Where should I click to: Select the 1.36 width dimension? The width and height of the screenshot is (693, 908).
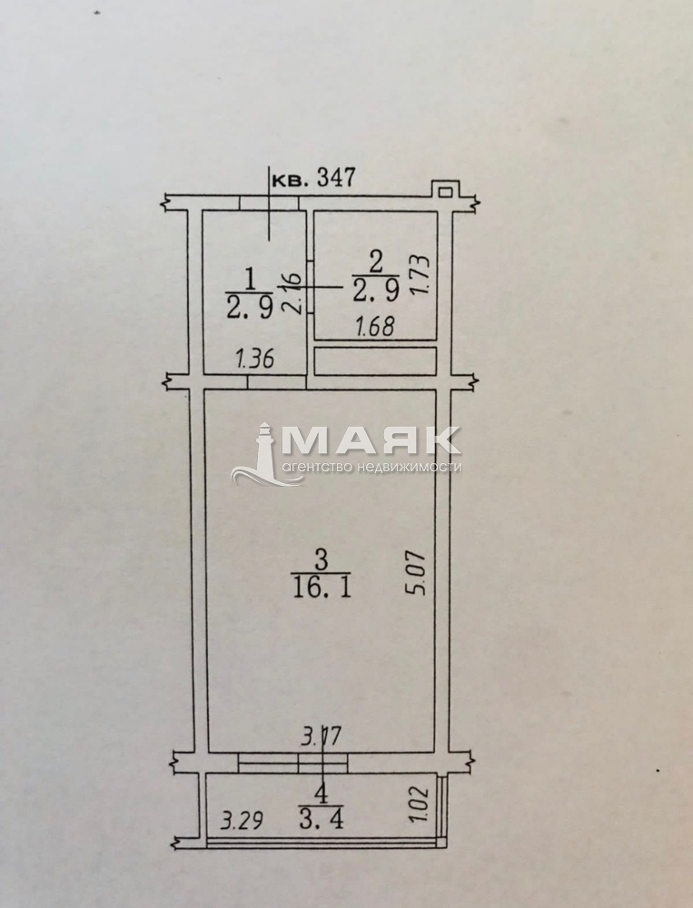[x=254, y=360]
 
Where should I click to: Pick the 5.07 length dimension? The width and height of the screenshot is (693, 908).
[x=417, y=573]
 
